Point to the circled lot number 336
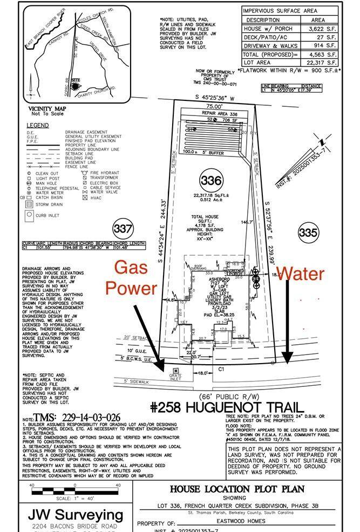pyautogui.click(x=210, y=180)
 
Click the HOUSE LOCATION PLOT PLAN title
pyautogui.click(x=237, y=489)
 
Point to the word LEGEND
pyautogui.click(x=38, y=125)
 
